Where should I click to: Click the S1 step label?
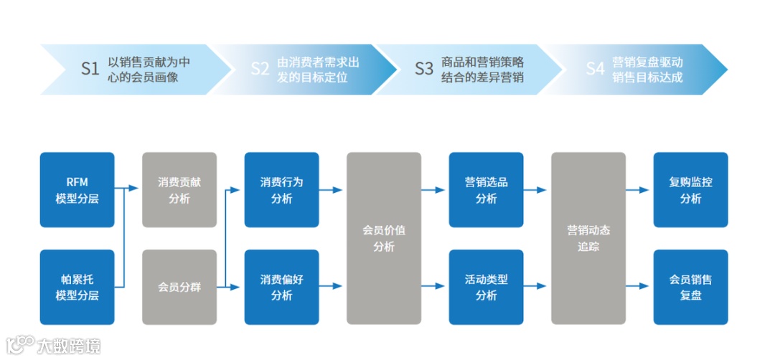point(90,69)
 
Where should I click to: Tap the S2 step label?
point(260,69)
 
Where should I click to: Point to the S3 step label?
point(424,69)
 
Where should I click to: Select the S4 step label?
point(595,69)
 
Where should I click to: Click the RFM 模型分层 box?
point(77,190)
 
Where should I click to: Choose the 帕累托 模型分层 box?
point(77,287)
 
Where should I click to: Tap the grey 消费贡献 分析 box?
point(179,190)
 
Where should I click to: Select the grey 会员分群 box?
point(179,287)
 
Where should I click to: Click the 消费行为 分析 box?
point(281,190)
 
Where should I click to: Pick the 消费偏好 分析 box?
point(281,287)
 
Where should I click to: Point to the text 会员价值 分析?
point(384,238)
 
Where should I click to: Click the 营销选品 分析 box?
point(486,190)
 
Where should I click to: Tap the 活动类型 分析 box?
point(486,287)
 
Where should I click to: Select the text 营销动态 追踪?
point(588,238)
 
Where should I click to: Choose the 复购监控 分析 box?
point(690,190)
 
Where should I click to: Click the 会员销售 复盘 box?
point(690,287)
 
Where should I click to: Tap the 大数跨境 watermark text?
point(69,346)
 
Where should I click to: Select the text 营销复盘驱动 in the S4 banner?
point(647,62)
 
